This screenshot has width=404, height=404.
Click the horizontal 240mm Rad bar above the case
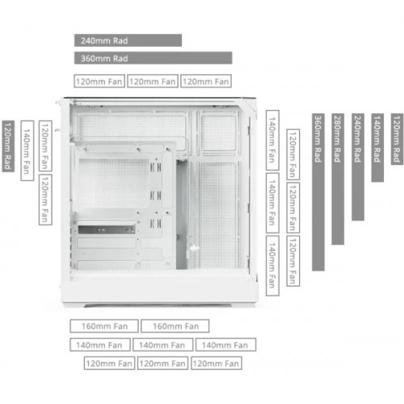[x=128, y=40]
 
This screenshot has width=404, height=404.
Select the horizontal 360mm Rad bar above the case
[x=154, y=58]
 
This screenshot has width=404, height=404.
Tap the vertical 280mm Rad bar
[x=338, y=179]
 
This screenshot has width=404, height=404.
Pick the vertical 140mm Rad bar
[x=377, y=148]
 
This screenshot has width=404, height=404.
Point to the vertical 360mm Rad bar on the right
[x=318, y=192]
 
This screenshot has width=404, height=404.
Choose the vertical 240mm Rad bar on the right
[x=358, y=167]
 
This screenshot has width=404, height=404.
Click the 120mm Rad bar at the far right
[x=397, y=139]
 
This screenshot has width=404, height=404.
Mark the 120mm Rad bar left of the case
[x=8, y=146]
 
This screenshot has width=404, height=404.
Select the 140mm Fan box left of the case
[x=27, y=150]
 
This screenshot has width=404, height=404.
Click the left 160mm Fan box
[x=104, y=326]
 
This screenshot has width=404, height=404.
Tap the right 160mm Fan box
[x=175, y=326]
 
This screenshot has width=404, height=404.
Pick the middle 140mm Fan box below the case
[x=162, y=345]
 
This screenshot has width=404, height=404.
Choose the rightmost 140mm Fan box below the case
[x=225, y=345]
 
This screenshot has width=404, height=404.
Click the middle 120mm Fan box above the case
[x=153, y=81]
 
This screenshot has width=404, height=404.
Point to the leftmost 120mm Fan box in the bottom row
[x=109, y=364]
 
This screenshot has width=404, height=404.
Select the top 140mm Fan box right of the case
[x=272, y=140]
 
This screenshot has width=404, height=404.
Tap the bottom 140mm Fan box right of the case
[x=272, y=266]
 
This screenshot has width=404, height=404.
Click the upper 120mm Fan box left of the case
[x=45, y=146]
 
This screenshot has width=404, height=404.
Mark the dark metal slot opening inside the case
[x=107, y=229]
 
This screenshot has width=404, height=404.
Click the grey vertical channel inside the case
[x=182, y=215]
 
